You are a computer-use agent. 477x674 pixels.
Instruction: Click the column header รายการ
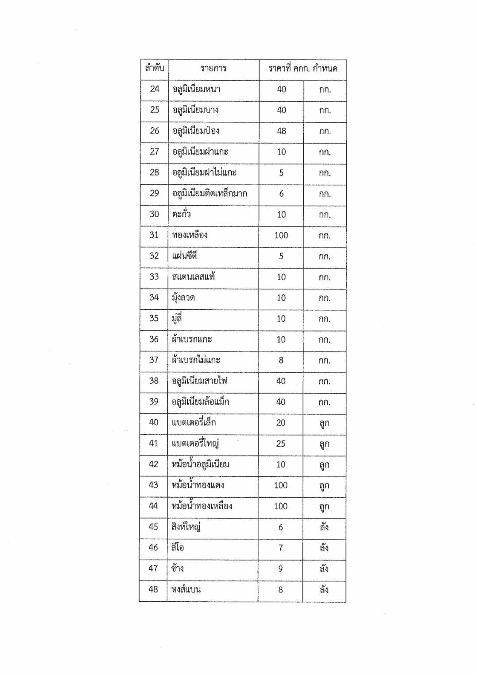click(x=213, y=69)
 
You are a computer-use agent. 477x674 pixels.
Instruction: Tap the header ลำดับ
click(x=154, y=68)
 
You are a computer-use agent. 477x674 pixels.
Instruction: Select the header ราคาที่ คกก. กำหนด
click(x=302, y=69)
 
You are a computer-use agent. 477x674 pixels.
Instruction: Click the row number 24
click(x=154, y=89)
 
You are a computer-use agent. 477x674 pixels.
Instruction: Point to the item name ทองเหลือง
click(x=190, y=235)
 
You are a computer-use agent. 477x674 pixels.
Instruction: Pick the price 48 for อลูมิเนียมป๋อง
click(x=281, y=131)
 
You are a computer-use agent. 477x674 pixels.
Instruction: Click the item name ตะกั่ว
click(x=181, y=214)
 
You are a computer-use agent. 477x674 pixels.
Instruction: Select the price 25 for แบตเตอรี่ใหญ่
click(x=281, y=444)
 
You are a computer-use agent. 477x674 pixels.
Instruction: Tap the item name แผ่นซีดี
click(x=184, y=256)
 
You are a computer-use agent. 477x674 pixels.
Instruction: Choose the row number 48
click(x=153, y=589)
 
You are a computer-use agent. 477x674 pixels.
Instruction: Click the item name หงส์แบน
click(x=186, y=589)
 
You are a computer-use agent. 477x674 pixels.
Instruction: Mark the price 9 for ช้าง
click(x=280, y=569)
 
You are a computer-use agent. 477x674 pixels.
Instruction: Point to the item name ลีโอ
click(x=178, y=548)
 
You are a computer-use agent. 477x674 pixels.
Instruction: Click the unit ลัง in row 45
click(x=324, y=527)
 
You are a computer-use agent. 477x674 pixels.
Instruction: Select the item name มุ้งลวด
click(x=183, y=298)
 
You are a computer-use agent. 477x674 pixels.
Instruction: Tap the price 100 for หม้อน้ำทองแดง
click(x=281, y=485)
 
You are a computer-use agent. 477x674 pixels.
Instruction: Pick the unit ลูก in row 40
click(x=324, y=423)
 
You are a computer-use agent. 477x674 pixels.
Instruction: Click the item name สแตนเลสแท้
click(x=194, y=277)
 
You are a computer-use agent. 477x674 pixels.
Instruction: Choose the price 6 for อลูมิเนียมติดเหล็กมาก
click(x=281, y=194)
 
